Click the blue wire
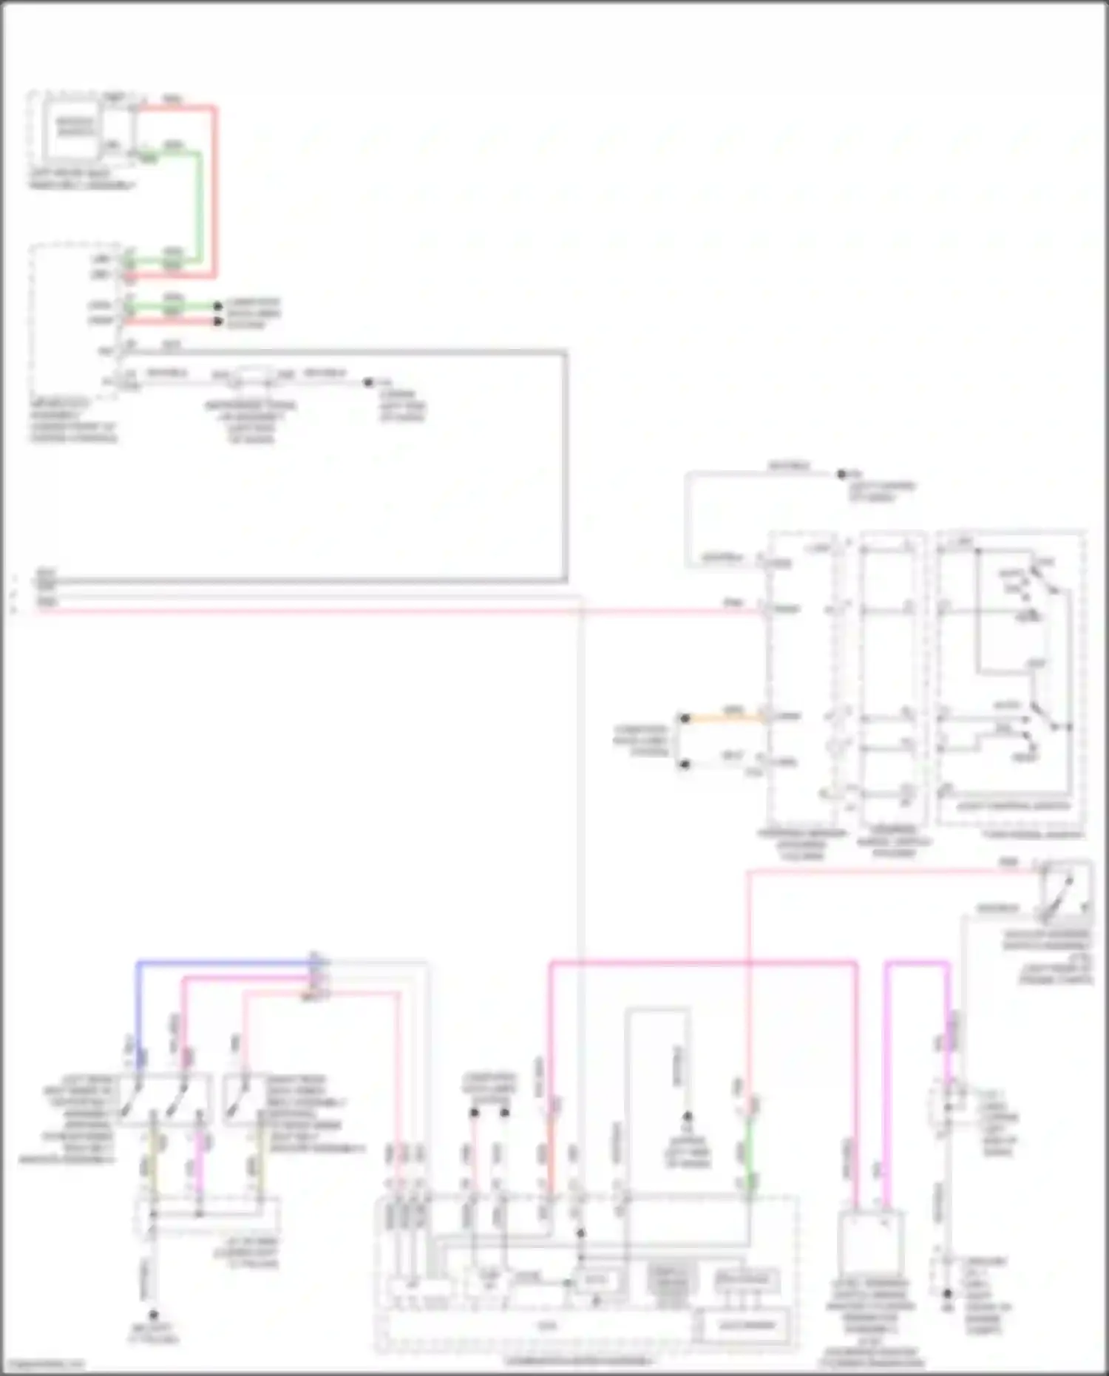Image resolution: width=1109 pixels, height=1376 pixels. (x=222, y=963)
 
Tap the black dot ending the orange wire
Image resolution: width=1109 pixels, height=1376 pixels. (x=685, y=718)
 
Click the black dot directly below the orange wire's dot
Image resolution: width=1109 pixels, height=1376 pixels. (x=685, y=764)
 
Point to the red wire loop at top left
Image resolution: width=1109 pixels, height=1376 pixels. (x=214, y=192)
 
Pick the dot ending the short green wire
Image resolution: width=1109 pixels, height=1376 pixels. (x=218, y=305)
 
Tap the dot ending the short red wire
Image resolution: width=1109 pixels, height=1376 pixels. (x=218, y=322)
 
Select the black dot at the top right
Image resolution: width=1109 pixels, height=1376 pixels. (x=841, y=474)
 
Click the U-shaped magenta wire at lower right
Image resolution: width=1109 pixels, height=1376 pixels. (x=917, y=964)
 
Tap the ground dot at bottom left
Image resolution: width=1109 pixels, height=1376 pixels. (x=153, y=1315)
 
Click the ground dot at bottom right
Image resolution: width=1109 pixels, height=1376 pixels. (x=947, y=1294)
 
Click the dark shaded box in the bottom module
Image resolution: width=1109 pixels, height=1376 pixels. (x=669, y=1284)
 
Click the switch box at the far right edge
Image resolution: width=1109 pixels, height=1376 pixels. (x=1065, y=891)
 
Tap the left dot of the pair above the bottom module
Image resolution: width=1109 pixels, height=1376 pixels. (x=475, y=1112)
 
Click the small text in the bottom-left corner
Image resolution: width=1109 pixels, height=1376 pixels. (x=43, y=1365)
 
